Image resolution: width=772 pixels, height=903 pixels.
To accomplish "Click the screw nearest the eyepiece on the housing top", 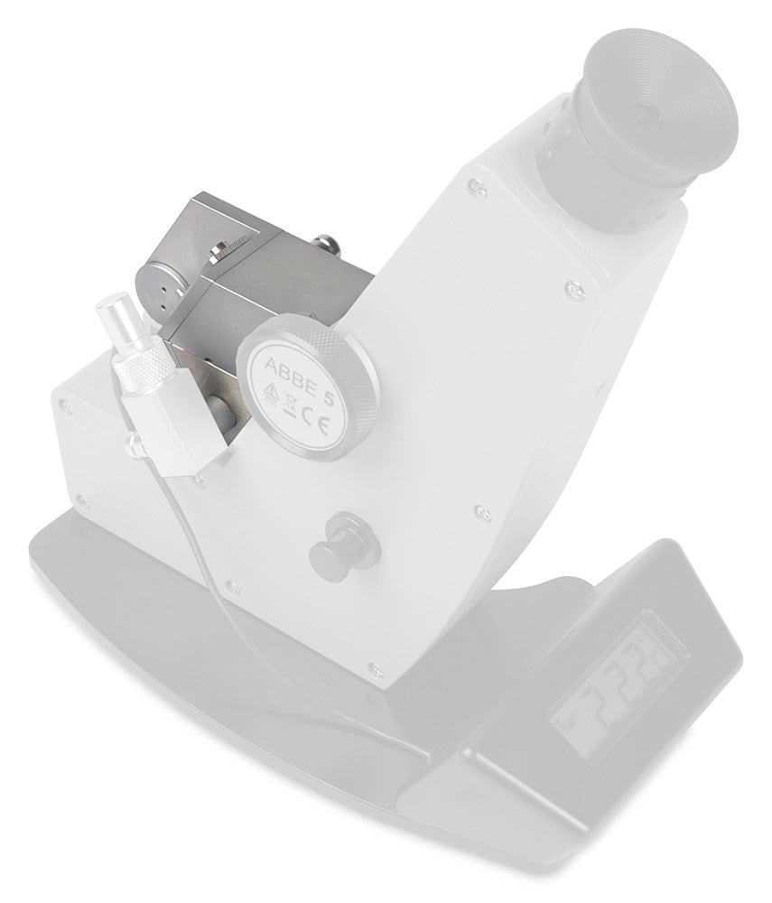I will [478, 189].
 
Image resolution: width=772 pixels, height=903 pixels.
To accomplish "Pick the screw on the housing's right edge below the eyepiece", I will [574, 290].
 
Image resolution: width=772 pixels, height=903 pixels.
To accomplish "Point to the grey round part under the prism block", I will [219, 412].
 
